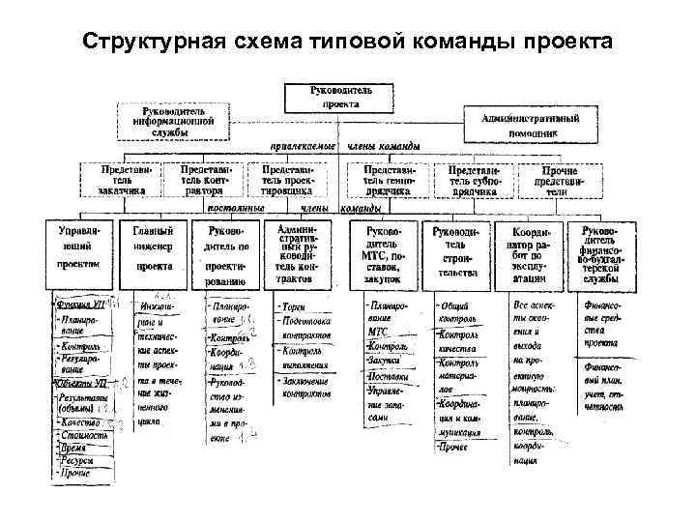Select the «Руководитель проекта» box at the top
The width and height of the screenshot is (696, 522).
point(339,96)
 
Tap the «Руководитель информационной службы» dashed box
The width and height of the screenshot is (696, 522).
point(174,122)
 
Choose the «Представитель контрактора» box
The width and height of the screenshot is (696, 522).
point(206,179)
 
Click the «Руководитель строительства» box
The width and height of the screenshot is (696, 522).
point(454,254)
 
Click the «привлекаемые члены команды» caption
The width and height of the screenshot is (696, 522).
point(344,147)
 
